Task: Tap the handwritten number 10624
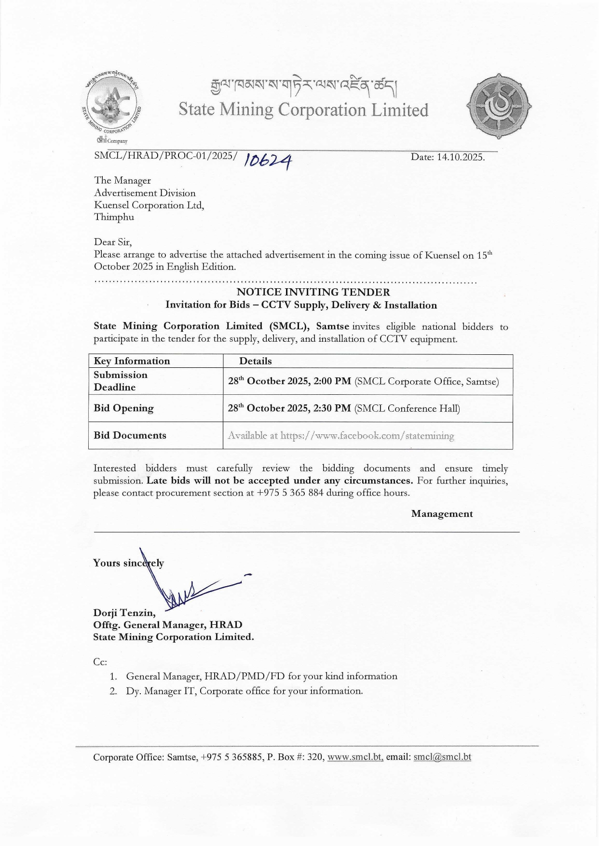point(268,160)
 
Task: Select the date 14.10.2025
point(461,157)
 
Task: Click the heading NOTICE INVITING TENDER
point(313,292)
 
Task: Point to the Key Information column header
point(132,361)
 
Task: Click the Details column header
point(256,361)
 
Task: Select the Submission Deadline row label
point(121,381)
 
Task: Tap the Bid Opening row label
point(123,408)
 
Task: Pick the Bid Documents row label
point(130,435)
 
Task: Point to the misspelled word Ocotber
point(266,381)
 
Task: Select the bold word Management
point(442,514)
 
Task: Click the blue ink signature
point(188,588)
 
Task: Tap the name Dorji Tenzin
point(123,613)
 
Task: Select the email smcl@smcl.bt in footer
point(442,757)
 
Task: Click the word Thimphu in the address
point(114,217)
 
